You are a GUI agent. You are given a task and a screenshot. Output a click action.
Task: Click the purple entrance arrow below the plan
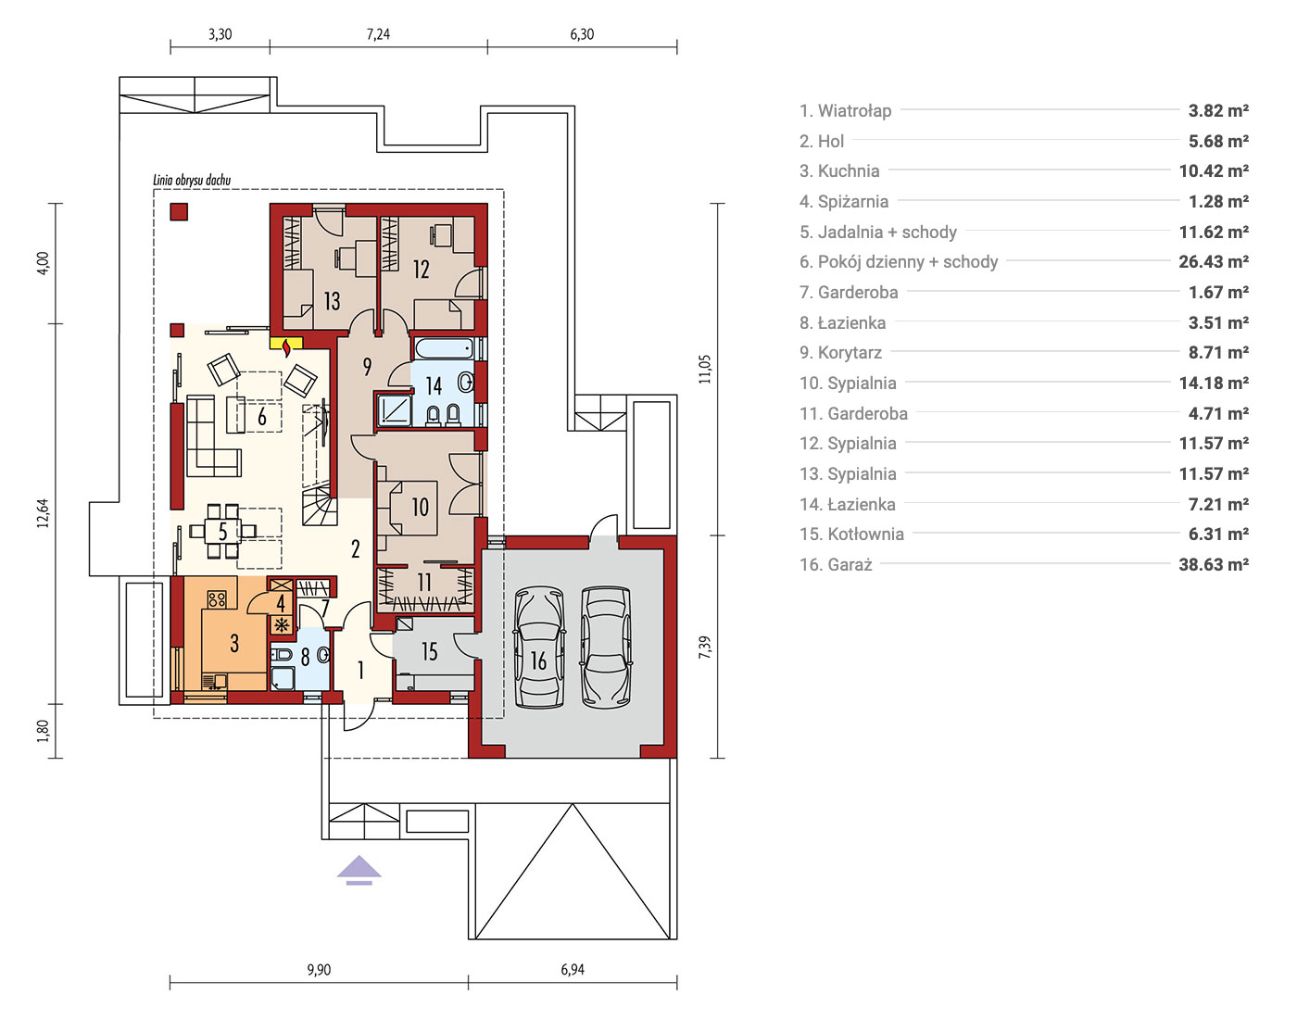tap(359, 871)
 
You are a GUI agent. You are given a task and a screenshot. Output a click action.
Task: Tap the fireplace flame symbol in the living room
tap(287, 347)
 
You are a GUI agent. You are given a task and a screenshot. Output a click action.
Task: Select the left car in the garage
tap(539, 648)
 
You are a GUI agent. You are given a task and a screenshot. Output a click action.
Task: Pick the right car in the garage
tap(606, 648)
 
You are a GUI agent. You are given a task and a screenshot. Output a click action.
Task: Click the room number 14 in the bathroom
tap(434, 386)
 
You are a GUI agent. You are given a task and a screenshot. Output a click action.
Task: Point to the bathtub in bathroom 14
tap(444, 348)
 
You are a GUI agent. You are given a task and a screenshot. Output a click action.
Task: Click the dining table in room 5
tap(222, 531)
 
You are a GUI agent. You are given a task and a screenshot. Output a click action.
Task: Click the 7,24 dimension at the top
tap(378, 34)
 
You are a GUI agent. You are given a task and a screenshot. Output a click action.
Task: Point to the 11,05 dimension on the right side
tap(705, 370)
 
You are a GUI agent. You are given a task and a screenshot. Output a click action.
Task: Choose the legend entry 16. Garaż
tap(836, 564)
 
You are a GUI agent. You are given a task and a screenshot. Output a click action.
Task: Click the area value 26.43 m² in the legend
tap(1214, 261)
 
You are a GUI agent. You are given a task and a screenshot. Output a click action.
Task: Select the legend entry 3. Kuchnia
tap(839, 170)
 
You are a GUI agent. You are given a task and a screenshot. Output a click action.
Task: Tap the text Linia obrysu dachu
tap(192, 180)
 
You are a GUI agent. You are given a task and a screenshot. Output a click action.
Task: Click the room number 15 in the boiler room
tap(430, 651)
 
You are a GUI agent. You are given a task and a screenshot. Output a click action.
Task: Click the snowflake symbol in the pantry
tap(282, 625)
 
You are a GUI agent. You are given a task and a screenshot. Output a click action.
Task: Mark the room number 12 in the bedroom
tap(422, 269)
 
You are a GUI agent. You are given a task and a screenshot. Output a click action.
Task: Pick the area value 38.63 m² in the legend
tap(1214, 564)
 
